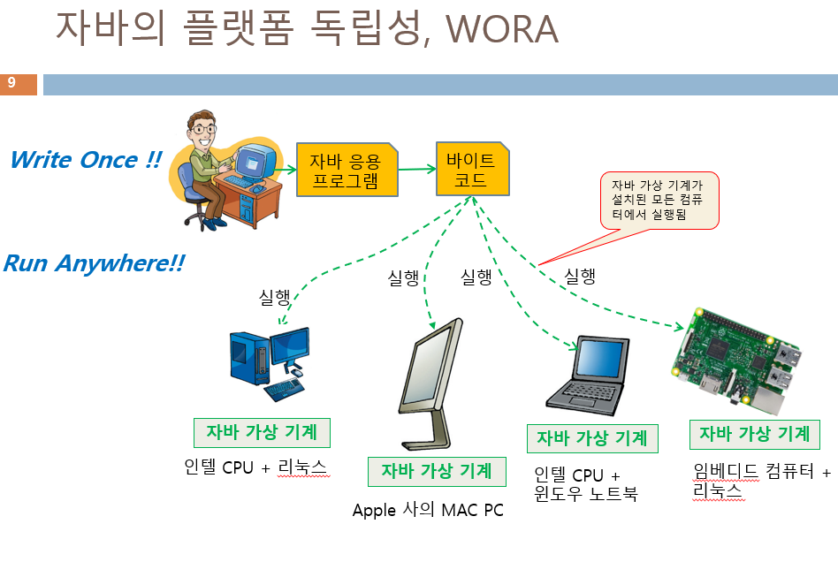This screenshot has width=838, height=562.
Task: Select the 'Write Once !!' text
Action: click(86, 160)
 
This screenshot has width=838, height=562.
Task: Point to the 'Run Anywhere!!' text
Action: click(93, 263)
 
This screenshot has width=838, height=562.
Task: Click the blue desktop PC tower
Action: click(248, 357)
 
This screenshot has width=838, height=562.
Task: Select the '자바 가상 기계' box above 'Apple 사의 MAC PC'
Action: click(437, 471)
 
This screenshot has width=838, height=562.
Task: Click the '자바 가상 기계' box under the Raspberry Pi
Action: click(754, 434)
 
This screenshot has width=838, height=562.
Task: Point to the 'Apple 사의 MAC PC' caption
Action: click(428, 511)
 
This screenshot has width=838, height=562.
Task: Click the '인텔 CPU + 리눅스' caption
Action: click(255, 467)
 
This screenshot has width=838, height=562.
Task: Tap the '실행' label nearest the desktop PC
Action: click(274, 298)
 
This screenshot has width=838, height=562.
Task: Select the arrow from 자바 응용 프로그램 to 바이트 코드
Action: click(416, 170)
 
